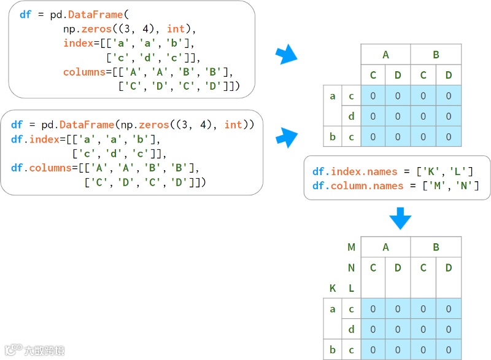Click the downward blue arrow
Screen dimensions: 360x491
pos(400,217)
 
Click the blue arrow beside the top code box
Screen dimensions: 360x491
pos(285,55)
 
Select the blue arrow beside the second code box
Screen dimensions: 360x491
pos(285,138)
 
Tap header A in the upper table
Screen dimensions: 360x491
pos(385,55)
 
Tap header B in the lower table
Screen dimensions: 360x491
pos(436,248)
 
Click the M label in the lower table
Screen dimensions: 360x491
pos(351,248)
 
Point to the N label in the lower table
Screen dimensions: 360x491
pos(351,268)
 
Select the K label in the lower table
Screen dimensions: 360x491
pos(333,288)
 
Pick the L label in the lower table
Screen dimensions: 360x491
pos(351,288)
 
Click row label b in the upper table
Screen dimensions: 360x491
pos(333,136)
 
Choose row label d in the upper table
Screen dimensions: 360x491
pos(351,116)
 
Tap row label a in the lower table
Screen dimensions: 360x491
pos(333,309)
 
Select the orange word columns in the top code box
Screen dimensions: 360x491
pos(84,72)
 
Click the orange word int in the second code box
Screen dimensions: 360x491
pos(233,125)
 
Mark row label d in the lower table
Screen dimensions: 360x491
pos(351,329)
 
